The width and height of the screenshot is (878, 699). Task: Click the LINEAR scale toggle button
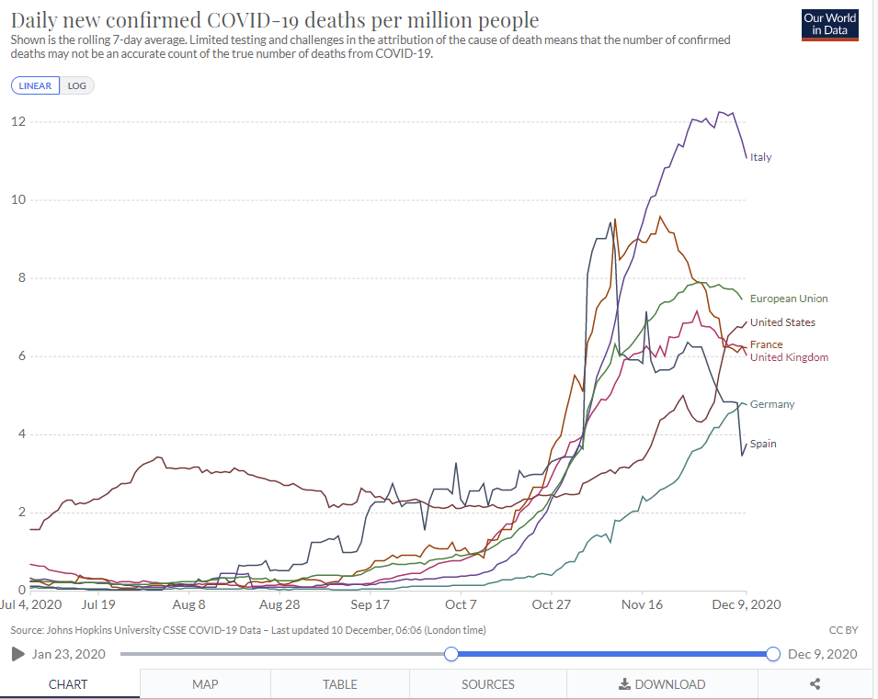click(36, 85)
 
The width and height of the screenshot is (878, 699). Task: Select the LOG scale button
click(77, 85)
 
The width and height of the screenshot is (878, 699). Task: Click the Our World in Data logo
click(829, 25)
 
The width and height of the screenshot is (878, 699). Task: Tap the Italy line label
click(760, 157)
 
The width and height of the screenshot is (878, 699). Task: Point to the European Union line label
click(788, 299)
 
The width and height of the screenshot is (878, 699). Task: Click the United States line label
click(781, 322)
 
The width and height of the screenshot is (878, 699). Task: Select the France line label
click(766, 344)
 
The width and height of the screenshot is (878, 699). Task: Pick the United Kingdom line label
click(788, 357)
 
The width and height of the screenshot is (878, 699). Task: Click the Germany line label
click(771, 404)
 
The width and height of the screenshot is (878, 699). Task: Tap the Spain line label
click(762, 444)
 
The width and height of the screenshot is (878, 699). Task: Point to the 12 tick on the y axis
click(18, 122)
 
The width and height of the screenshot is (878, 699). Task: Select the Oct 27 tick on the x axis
click(551, 604)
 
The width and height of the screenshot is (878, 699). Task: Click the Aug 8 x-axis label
click(188, 604)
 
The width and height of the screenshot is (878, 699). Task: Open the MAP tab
click(205, 684)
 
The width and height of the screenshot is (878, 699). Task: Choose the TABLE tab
click(340, 684)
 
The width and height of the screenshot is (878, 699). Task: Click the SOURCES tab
click(488, 684)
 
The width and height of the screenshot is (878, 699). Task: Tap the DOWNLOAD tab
click(662, 684)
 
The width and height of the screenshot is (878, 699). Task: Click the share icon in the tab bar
click(815, 684)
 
